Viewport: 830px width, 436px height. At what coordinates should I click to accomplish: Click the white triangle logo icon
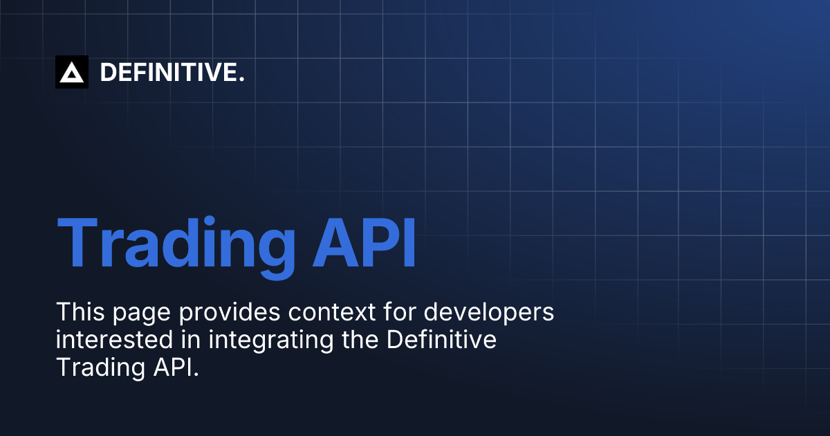72,72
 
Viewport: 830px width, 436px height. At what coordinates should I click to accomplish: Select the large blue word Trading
176,244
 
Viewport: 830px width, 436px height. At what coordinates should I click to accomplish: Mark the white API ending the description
173,368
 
